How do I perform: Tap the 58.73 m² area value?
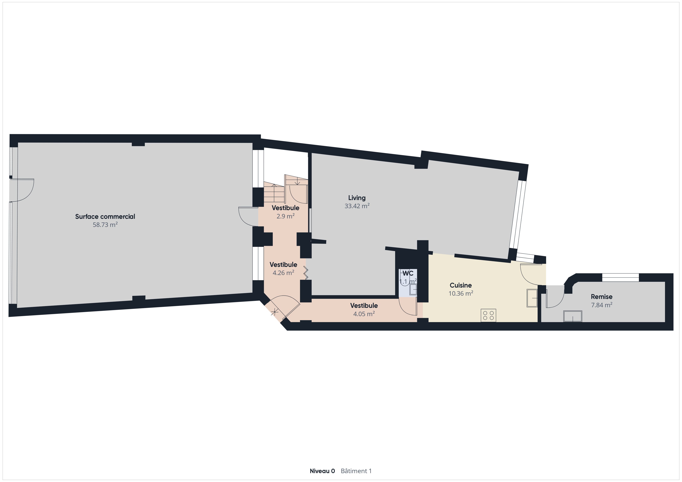pyautogui.click(x=105, y=225)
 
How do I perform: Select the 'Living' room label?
pyautogui.click(x=357, y=198)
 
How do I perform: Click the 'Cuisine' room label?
pyautogui.click(x=461, y=285)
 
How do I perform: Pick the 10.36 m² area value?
pyautogui.click(x=461, y=294)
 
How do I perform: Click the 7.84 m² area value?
pyautogui.click(x=602, y=305)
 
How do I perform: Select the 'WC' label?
pyautogui.click(x=408, y=273)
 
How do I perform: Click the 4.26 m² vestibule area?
pyautogui.click(x=283, y=272)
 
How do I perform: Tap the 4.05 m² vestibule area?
pyautogui.click(x=364, y=314)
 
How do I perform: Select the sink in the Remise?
pyautogui.click(x=573, y=316)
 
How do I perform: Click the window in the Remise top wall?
pyautogui.click(x=620, y=277)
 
